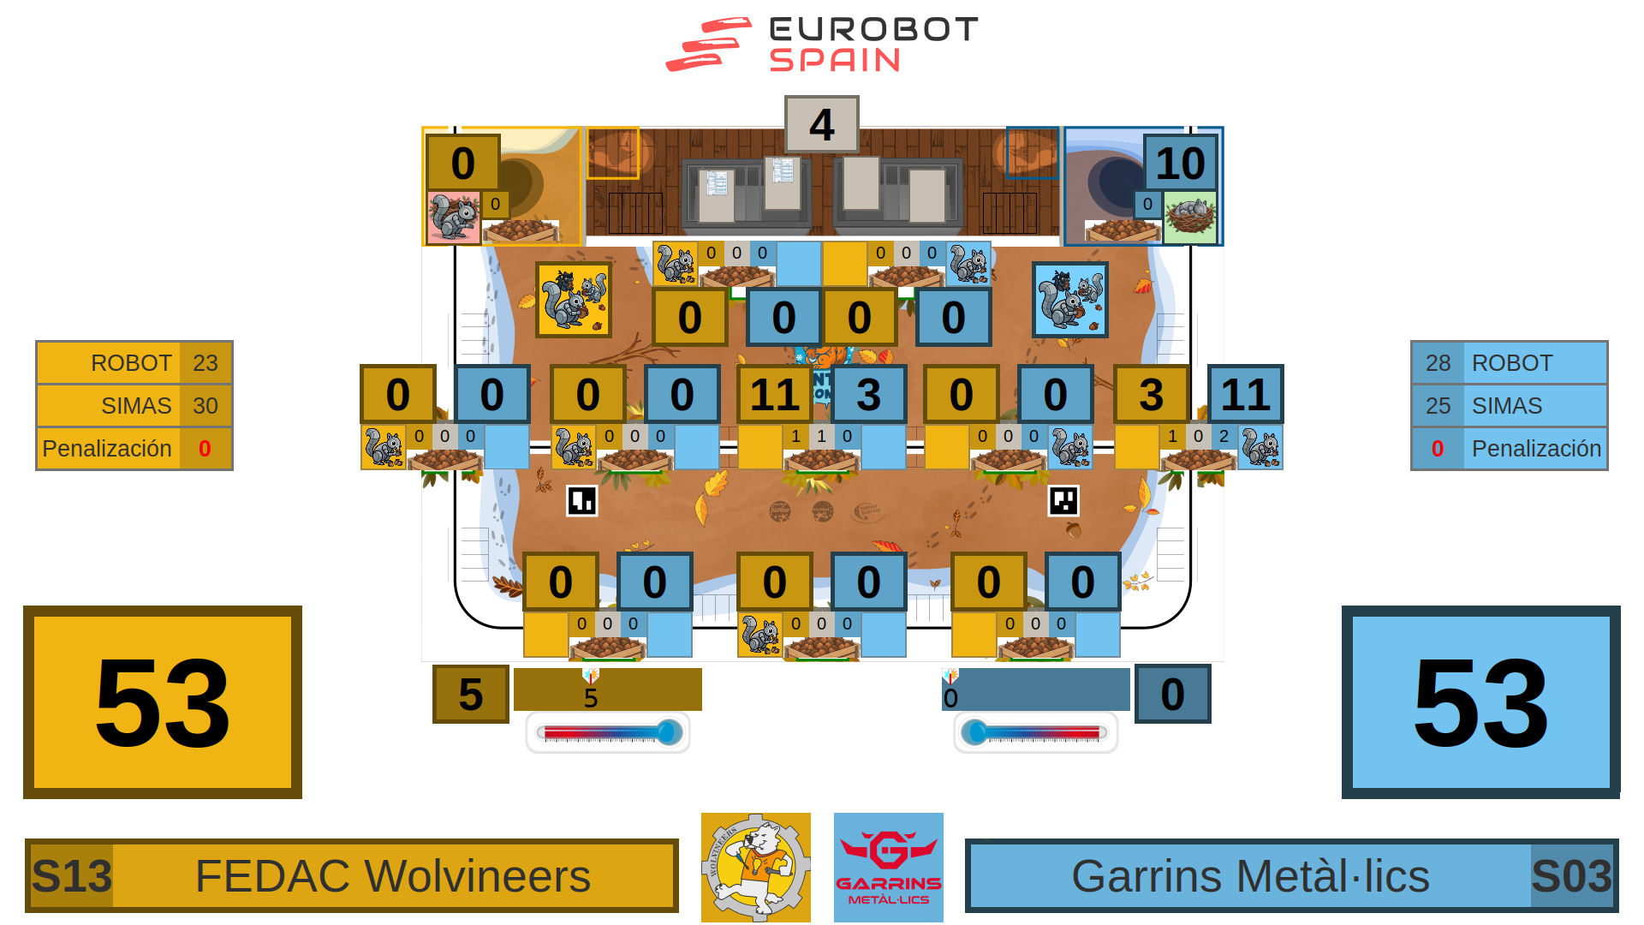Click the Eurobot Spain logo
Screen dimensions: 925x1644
pos(822,45)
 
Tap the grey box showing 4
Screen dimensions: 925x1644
pos(821,125)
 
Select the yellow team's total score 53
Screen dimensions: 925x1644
pos(163,702)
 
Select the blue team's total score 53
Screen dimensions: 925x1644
pos(1480,702)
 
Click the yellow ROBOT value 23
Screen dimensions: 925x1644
pos(205,363)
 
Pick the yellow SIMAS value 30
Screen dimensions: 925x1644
pos(205,406)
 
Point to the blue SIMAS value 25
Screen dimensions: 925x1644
pos(1438,406)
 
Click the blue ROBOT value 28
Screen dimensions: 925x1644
pos(1438,363)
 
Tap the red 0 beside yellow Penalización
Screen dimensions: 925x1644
pos(205,449)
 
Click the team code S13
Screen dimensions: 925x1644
pos(72,876)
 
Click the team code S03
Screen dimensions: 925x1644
pos(1571,876)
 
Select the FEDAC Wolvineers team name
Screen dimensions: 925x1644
pos(393,876)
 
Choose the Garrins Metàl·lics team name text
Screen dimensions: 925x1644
pos(1250,876)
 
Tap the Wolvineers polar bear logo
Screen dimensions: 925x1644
pos(755,868)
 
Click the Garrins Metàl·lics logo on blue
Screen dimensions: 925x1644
pos(889,868)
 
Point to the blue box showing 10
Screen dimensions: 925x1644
pos(1180,163)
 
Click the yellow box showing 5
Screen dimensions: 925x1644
pos(470,694)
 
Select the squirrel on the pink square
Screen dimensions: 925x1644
pos(453,218)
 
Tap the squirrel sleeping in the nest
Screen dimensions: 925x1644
pos(1190,216)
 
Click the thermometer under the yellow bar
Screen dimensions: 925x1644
pos(608,732)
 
